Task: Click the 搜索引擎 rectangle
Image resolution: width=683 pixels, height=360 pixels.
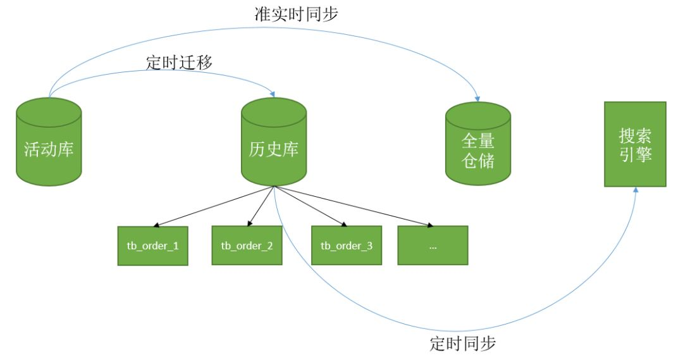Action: [635, 144]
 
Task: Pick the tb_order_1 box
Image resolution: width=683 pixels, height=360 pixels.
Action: [152, 245]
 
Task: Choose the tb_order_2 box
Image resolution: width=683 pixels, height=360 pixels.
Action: [247, 245]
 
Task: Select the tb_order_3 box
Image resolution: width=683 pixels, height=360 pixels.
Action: [347, 245]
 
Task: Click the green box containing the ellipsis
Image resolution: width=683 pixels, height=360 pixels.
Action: [433, 245]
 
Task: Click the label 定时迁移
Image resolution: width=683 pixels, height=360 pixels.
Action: [179, 62]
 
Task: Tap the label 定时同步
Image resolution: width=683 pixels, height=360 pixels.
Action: [462, 344]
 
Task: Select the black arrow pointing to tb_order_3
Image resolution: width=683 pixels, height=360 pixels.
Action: [310, 206]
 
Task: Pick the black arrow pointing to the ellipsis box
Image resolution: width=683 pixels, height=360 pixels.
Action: [354, 206]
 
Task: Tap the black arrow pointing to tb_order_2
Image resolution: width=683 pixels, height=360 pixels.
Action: [261, 206]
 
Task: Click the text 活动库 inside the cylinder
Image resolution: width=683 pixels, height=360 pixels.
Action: [49, 149]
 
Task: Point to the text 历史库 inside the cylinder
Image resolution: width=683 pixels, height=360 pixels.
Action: [274, 149]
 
